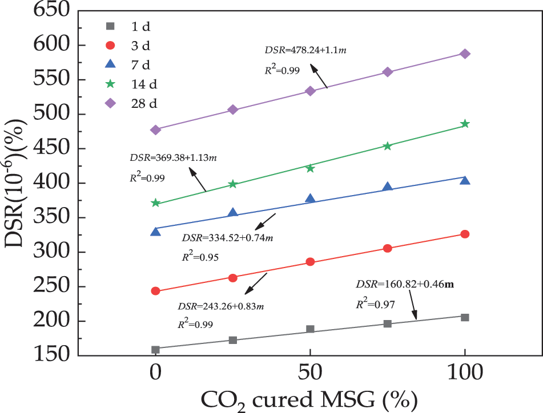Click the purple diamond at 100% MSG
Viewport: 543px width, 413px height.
pyautogui.click(x=465, y=54)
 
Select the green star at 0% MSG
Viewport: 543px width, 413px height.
pyautogui.click(x=155, y=203)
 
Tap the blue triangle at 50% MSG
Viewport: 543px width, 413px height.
pyautogui.click(x=310, y=199)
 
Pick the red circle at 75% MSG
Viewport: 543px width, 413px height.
pyautogui.click(x=388, y=248)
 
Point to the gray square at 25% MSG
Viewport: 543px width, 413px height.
pyautogui.click(x=232, y=340)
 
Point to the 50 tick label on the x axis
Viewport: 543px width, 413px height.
pyautogui.click(x=310, y=374)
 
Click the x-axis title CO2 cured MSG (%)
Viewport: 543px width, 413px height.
pyautogui.click(x=310, y=398)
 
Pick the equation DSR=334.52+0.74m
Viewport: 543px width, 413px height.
pyautogui.click(x=227, y=238)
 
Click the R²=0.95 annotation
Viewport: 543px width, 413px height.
pyautogui.click(x=200, y=257)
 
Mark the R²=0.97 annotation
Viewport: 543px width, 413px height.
pyautogui.click(x=375, y=305)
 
